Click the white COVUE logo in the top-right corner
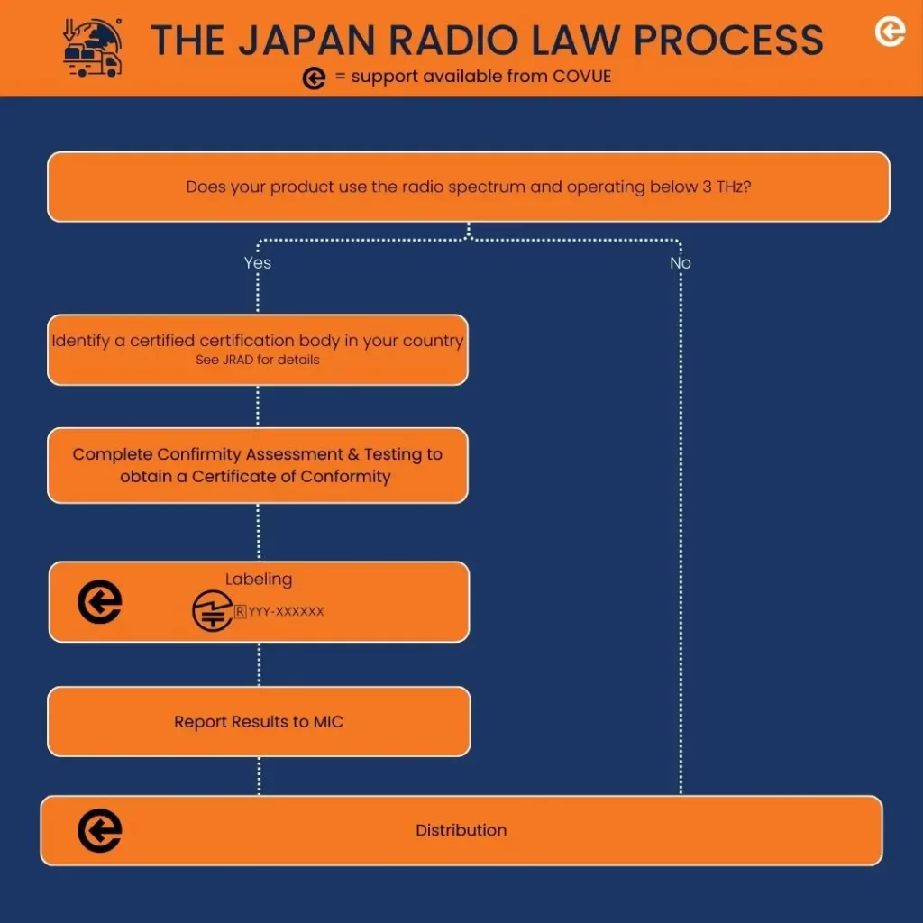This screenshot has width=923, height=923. pos(890,32)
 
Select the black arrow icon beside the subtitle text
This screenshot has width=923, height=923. pos(314,78)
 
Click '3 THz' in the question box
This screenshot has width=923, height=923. pos(720,187)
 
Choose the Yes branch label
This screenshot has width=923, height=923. pos(257,262)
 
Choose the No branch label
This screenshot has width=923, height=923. pos(680,262)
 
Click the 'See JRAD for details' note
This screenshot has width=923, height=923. pos(257,360)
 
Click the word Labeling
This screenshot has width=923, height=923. pos(259,580)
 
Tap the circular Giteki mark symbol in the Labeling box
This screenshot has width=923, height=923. pos(212,611)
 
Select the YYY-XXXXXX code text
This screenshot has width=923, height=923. pos(286,611)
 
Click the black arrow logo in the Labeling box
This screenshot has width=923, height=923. pos(99,602)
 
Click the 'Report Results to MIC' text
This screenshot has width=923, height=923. pos(259,722)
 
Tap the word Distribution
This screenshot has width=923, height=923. pos(461,830)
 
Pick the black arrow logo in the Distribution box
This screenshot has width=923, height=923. pos(99,831)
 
